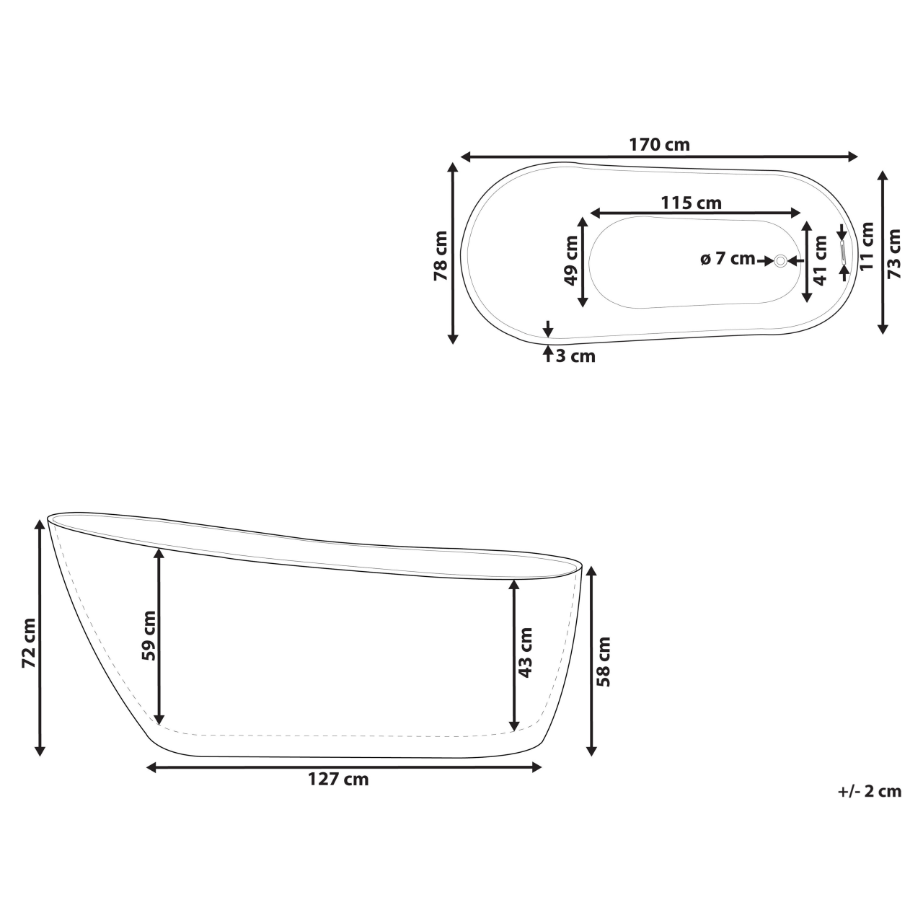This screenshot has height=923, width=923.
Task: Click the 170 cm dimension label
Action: click(x=659, y=144)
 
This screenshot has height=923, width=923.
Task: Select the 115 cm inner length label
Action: click(x=691, y=203)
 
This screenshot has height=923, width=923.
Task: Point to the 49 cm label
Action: click(x=571, y=260)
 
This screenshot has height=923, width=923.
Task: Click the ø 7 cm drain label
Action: click(x=728, y=259)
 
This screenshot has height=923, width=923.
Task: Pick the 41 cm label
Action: click(x=821, y=260)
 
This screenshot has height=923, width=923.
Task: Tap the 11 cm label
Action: click(x=867, y=246)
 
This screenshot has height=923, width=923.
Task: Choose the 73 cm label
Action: click(x=894, y=253)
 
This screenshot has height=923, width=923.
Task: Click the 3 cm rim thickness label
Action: click(x=575, y=355)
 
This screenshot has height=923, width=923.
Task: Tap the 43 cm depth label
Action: click(x=526, y=652)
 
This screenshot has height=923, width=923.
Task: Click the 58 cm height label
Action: click(x=604, y=661)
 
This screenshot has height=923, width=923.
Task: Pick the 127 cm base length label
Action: click(x=338, y=780)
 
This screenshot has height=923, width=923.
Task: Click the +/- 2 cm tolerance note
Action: click(x=870, y=791)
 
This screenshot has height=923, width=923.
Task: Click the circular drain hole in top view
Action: click(x=780, y=260)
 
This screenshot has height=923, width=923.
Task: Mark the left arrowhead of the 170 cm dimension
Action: click(x=465, y=156)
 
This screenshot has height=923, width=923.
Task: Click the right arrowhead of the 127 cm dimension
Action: click(x=537, y=767)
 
